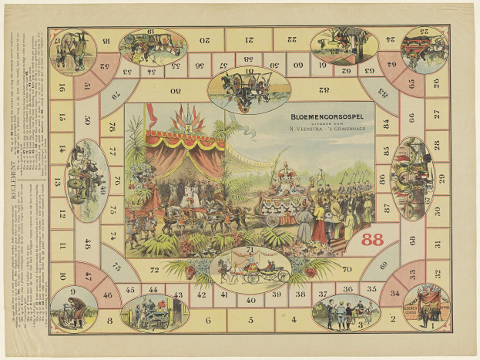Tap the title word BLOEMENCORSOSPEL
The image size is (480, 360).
332,116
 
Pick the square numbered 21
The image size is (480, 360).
250,39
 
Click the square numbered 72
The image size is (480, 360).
154,270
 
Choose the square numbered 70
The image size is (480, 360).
346,270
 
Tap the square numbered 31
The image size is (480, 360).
437,244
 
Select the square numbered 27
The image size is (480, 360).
437,113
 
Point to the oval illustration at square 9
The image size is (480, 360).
74,308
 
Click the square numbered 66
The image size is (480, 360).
411,118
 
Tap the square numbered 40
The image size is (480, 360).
250,299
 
